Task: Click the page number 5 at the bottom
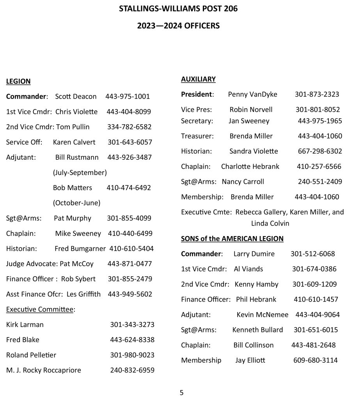pos(181,392)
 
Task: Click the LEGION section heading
pos(18,81)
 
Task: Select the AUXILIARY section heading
pos(198,79)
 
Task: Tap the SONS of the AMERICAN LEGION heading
pos(232,238)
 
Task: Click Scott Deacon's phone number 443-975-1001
pos(128,96)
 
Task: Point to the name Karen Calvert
pos(74,142)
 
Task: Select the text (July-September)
pos(80,172)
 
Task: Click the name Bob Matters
pos(73,187)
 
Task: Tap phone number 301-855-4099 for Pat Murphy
pos(129,218)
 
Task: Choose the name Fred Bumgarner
pos(80,249)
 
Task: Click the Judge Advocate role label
pos(32,264)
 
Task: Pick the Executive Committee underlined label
pos(39,309)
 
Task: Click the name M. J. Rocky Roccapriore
pos(44,370)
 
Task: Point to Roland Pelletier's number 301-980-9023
pos(132,355)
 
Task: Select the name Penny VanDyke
pos(253,94)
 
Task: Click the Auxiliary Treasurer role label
pos(197,136)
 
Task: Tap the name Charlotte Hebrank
pos(250,166)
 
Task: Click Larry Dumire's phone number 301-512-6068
pos(312,254)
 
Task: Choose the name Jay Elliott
pos(250,360)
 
